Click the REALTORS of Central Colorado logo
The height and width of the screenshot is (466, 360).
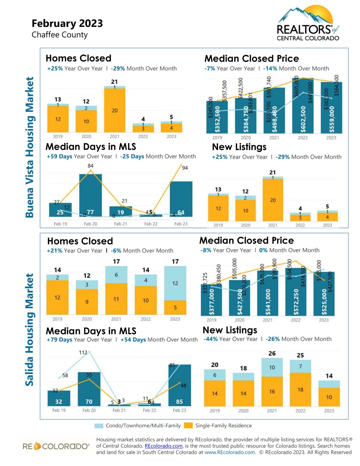click(308, 23)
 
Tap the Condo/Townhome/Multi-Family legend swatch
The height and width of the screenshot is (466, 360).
click(99, 426)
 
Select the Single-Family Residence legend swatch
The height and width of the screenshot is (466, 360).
click(188, 426)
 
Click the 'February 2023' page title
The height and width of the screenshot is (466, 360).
click(67, 23)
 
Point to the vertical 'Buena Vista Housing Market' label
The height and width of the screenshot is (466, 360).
click(29, 147)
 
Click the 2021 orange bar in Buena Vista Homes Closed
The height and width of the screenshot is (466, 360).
click(115, 110)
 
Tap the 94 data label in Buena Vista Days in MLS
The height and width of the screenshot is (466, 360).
click(185, 168)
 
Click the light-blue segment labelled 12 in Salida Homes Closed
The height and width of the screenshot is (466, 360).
click(175, 283)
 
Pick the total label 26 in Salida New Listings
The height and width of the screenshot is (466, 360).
click(272, 353)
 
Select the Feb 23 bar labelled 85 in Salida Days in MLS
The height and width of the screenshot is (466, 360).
click(179, 385)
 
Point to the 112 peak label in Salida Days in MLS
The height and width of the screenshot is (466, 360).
click(83, 352)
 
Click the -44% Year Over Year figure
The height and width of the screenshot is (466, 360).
click(210, 339)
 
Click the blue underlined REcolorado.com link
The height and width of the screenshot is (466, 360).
click(163, 446)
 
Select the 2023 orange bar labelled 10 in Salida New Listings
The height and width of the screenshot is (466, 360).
click(329, 397)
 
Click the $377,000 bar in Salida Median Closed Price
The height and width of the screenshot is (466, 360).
click(211, 300)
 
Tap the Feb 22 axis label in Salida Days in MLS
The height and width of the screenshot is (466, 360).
click(149, 410)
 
